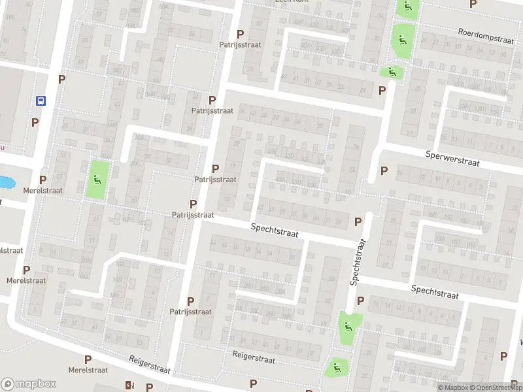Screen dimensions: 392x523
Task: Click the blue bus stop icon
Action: (x=41, y=101)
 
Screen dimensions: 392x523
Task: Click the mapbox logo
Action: (x=29, y=384)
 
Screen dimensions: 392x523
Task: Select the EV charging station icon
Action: (x=129, y=385)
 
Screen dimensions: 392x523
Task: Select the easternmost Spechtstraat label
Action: (x=435, y=292)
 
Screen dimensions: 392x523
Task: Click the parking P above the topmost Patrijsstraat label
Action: (x=240, y=34)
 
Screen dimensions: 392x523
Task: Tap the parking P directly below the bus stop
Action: (x=35, y=122)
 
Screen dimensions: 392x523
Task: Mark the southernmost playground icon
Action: (x=337, y=368)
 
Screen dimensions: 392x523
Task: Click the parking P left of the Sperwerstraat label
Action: (x=384, y=171)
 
